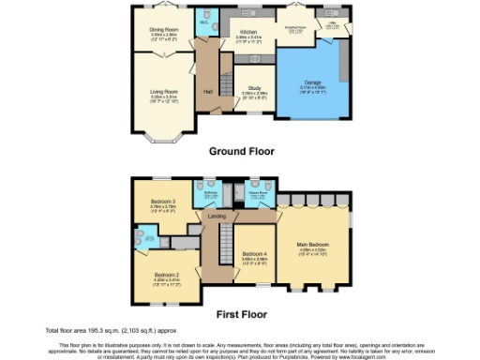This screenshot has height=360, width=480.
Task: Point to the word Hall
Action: point(206,90)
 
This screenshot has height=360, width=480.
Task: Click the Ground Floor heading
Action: point(240,151)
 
